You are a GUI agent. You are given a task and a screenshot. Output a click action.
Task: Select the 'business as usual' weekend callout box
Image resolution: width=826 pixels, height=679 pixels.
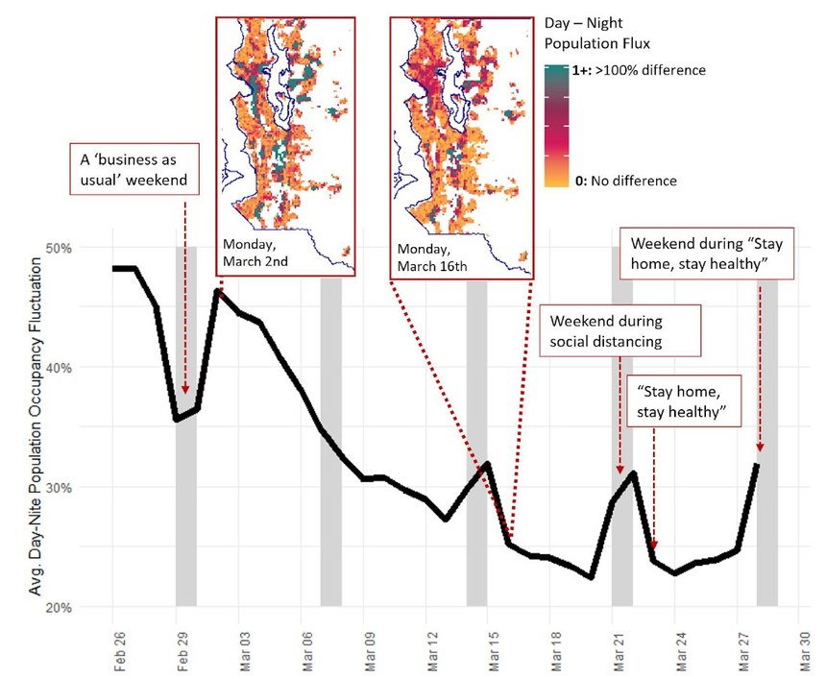(x=131, y=167)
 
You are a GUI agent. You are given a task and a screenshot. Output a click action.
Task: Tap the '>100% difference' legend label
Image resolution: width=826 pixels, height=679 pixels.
(x=650, y=70)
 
